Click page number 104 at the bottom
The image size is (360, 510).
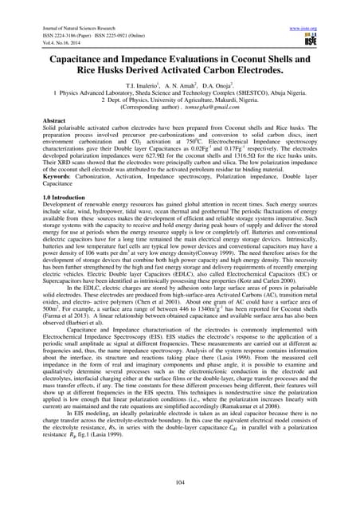[x=179, y=481]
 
